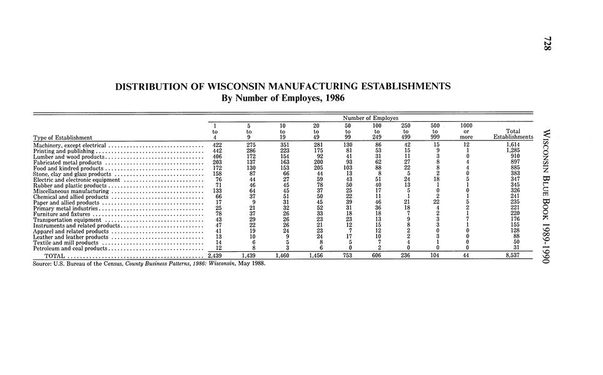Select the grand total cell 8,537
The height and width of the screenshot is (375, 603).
point(513,256)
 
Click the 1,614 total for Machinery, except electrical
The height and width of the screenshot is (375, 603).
point(513,144)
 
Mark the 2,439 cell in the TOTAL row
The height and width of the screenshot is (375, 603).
point(214,256)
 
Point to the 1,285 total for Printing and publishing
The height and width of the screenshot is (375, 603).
point(513,150)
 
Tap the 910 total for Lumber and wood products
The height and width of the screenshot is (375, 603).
point(514,156)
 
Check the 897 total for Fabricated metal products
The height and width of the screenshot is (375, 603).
point(514,162)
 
